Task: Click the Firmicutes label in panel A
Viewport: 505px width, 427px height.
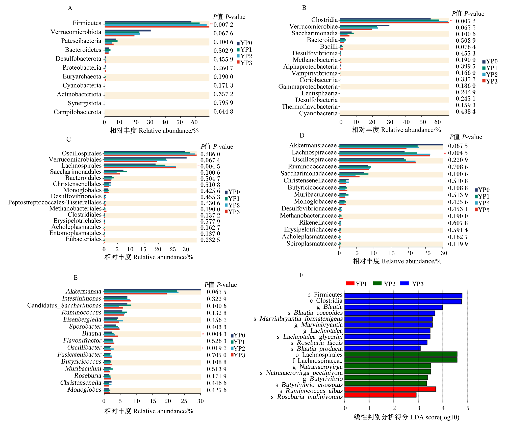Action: pos(87,23)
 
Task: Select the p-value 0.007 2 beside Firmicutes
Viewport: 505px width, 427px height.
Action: pos(223,25)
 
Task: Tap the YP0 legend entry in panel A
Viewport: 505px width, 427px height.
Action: pos(244,43)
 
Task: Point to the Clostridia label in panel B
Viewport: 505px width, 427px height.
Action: pos(324,20)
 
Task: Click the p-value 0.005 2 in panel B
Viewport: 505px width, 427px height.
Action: pos(465,21)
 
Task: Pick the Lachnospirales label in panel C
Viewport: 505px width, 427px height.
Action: pos(81,166)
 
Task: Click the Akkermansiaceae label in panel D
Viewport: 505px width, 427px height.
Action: pos(313,145)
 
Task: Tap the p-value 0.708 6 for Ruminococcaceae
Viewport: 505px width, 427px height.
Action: pos(458,167)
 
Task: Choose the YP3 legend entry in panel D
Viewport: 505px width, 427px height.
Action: pos(482,210)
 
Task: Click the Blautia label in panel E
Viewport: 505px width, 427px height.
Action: pos(92,334)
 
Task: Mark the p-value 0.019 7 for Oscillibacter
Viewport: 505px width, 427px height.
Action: pos(217,348)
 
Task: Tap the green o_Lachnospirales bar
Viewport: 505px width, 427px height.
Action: pos(401,354)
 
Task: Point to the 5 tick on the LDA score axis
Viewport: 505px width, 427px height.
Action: pos(468,408)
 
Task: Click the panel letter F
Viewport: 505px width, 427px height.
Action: pos(301,275)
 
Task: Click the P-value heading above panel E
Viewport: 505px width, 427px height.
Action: pos(221,285)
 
